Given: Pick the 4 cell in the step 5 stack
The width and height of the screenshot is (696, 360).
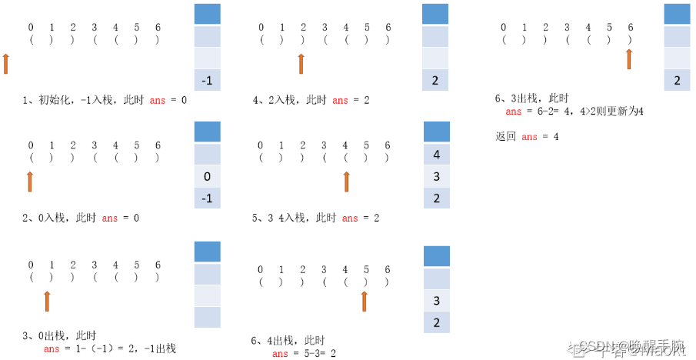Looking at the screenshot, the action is tap(437, 155).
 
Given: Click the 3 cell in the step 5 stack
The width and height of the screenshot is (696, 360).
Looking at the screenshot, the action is tap(437, 176).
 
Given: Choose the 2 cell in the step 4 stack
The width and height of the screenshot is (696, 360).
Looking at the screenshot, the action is tap(436, 80).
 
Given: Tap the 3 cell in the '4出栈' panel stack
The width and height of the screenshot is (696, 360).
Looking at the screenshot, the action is tap(437, 300).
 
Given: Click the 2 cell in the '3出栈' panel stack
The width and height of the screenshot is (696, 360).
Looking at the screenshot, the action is tap(677, 80).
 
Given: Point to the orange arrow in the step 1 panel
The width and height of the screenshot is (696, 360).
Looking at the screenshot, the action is tap(6, 64).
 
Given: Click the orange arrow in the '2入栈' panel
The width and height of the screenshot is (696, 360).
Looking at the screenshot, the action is tap(301, 63).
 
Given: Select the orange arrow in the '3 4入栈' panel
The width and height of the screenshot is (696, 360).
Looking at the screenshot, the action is tap(346, 181).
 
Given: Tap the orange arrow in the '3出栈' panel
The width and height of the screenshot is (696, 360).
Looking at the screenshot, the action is tap(629, 58).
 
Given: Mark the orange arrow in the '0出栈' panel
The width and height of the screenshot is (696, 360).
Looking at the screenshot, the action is tap(47, 301).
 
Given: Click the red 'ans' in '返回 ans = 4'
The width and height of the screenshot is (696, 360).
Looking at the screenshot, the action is tap(529, 137).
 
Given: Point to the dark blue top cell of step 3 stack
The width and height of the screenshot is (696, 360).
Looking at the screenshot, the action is tap(208, 252).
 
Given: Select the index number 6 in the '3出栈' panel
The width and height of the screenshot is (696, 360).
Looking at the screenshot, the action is tap(630, 27).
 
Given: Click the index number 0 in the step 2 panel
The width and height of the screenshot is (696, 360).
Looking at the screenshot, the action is tap(31, 145).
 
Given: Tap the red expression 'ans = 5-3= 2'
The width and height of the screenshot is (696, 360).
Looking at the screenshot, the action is tap(304, 354).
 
